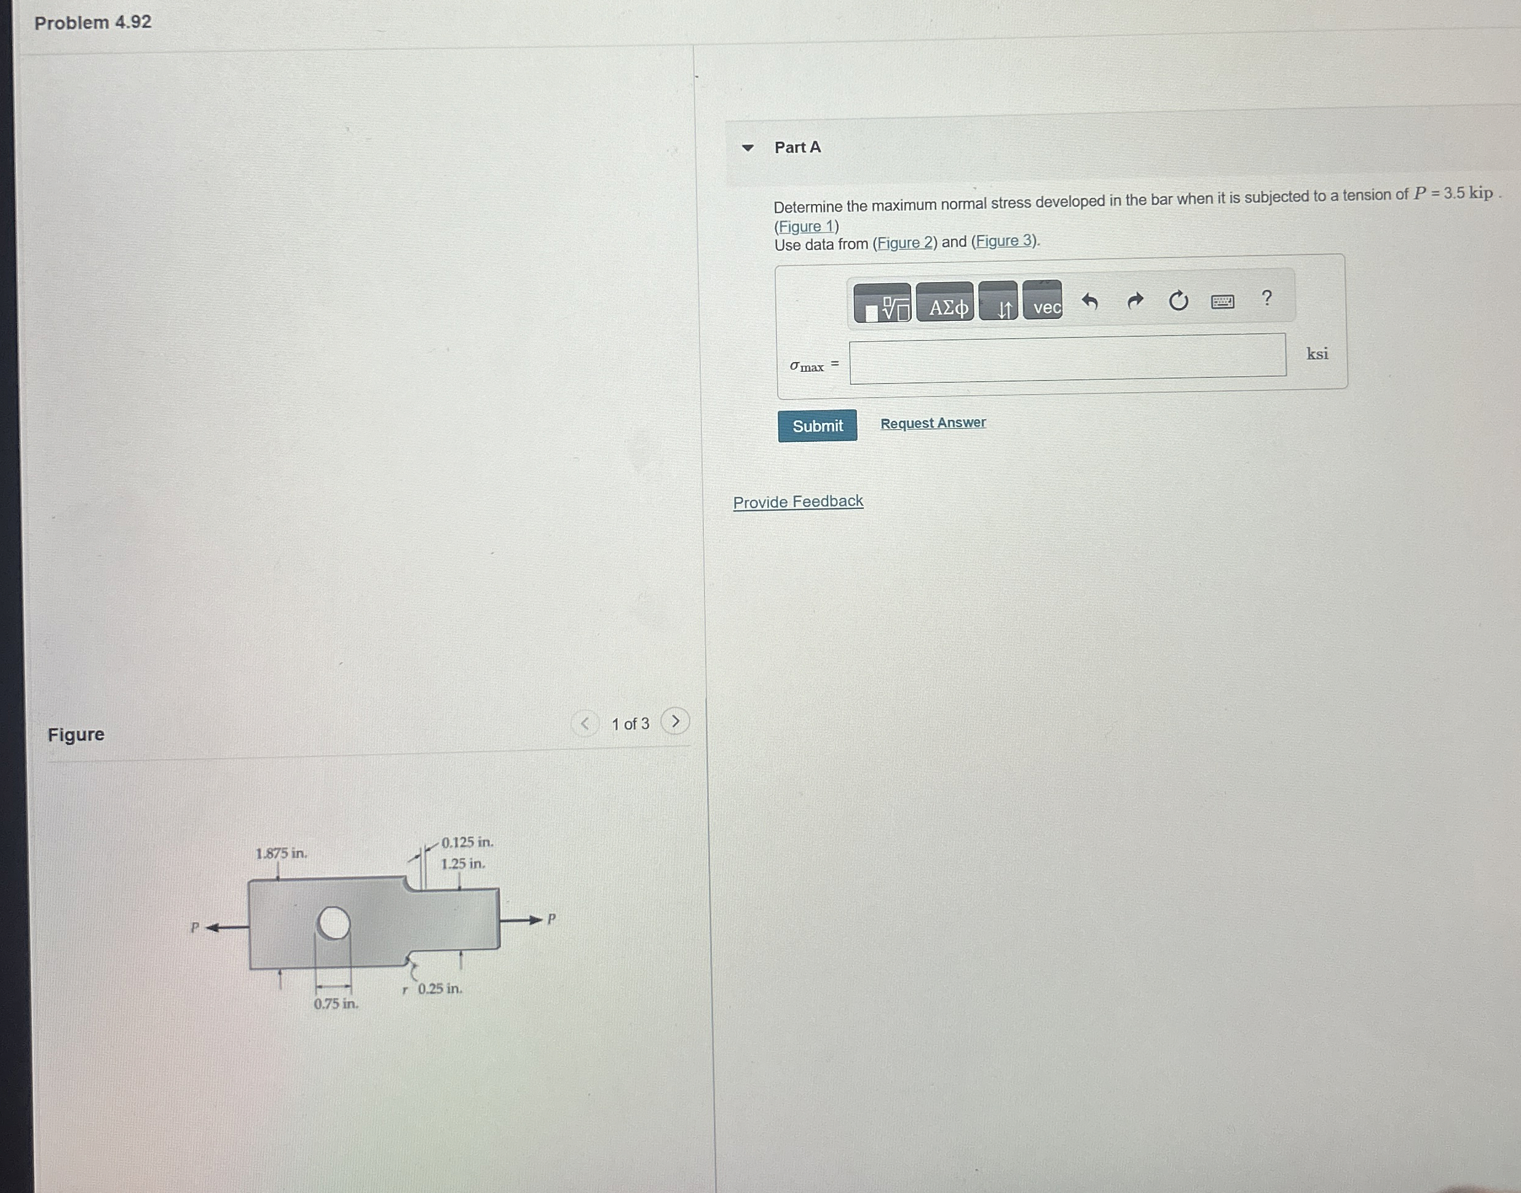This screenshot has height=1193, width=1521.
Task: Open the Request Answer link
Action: [932, 423]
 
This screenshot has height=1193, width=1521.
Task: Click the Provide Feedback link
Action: [798, 502]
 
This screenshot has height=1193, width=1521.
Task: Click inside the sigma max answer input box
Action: [1067, 359]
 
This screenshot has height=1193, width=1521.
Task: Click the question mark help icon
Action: [1266, 298]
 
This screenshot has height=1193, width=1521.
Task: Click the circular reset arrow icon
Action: [1178, 301]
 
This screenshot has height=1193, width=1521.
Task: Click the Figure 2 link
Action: [905, 242]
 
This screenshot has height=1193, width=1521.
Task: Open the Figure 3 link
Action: [1004, 241]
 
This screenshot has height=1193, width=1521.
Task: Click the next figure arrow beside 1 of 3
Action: [675, 721]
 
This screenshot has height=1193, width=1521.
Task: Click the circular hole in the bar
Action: [333, 924]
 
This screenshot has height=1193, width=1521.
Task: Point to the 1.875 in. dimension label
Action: [281, 854]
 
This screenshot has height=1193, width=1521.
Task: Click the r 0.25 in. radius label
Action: [434, 989]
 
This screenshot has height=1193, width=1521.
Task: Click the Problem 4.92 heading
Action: [93, 22]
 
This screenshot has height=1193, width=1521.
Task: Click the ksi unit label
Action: [1316, 354]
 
